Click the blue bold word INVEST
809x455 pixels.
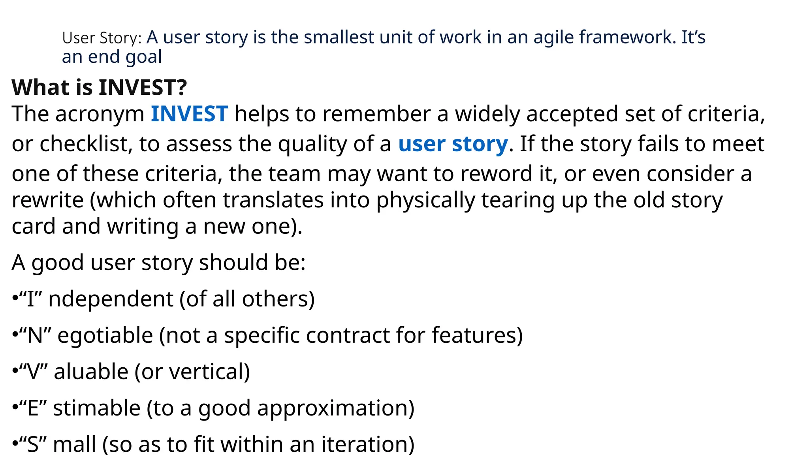pos(189,114)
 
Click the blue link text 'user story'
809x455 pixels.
pos(453,144)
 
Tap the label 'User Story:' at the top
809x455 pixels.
pos(102,38)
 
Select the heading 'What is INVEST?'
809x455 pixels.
pos(99,87)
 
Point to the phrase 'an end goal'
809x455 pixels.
pos(112,57)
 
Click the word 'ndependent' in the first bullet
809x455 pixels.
pos(111,299)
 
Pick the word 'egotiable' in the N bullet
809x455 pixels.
pos(105,335)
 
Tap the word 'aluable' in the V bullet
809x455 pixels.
pos(91,372)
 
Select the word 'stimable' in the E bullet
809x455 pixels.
pos(97,408)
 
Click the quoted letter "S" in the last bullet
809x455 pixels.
pos(33,444)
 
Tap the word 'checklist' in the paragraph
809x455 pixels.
pos(84,144)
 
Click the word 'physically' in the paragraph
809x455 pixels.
pos(425,200)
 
